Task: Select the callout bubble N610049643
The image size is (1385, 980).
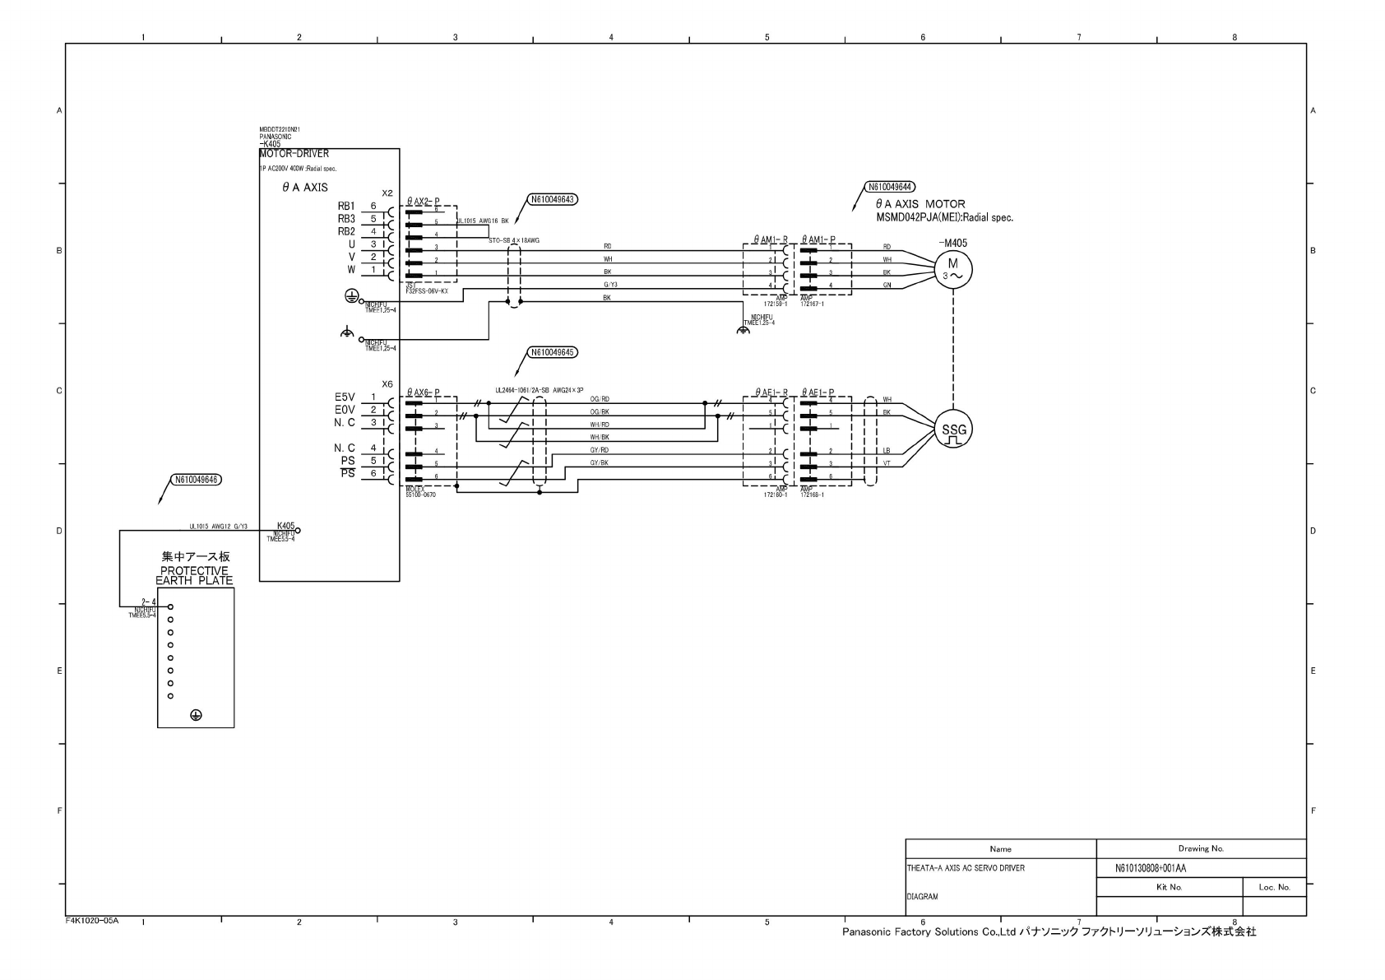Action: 553,199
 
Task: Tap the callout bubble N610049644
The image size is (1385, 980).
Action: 891,187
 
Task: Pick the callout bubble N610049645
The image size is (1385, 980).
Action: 553,352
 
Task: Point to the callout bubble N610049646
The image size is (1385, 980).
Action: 197,480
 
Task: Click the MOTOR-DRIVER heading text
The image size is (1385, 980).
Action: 294,154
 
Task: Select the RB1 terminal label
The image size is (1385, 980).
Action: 346,206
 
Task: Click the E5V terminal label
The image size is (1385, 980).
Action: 345,397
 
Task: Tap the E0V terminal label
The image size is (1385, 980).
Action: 345,410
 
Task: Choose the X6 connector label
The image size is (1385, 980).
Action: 387,384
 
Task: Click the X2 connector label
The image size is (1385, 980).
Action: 387,193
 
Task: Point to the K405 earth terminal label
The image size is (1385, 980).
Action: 285,526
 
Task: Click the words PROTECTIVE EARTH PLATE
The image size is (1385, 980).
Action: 195,576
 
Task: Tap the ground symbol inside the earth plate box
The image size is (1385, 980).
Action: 196,715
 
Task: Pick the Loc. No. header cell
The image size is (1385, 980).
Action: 1274,887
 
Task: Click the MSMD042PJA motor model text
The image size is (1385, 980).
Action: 944,218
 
